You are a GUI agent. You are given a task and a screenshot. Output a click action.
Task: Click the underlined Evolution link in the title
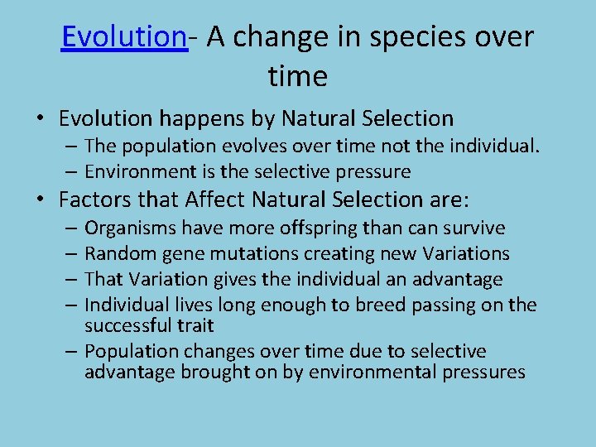pyautogui.click(x=124, y=37)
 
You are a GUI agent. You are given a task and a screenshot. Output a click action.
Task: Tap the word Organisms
pyautogui.click(x=130, y=228)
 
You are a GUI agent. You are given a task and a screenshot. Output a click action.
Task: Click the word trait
pyautogui.click(x=195, y=325)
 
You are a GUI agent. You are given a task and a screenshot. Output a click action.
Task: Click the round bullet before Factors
pyautogui.click(x=41, y=199)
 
